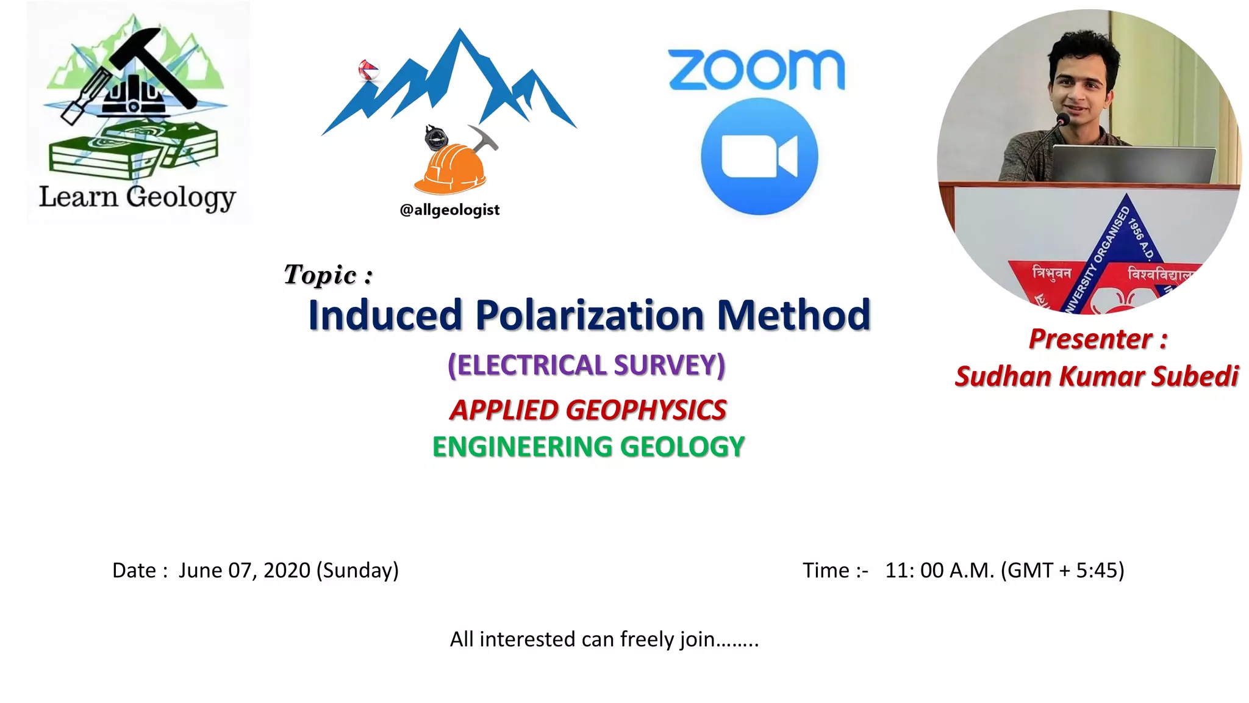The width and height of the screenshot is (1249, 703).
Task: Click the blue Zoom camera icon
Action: point(759,156)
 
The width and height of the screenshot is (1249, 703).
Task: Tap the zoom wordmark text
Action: point(756,70)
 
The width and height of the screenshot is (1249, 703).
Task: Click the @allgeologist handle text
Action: point(449,210)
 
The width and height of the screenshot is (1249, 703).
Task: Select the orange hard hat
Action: point(450,168)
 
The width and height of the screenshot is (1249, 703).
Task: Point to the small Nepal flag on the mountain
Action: point(368,70)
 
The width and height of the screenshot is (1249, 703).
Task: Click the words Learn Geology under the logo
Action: point(137,197)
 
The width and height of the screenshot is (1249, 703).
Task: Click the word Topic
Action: point(321,275)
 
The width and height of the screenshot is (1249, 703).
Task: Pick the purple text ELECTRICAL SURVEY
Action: point(587,365)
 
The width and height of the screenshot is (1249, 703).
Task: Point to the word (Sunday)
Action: point(357,570)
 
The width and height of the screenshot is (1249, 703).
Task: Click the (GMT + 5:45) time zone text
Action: point(1062,570)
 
